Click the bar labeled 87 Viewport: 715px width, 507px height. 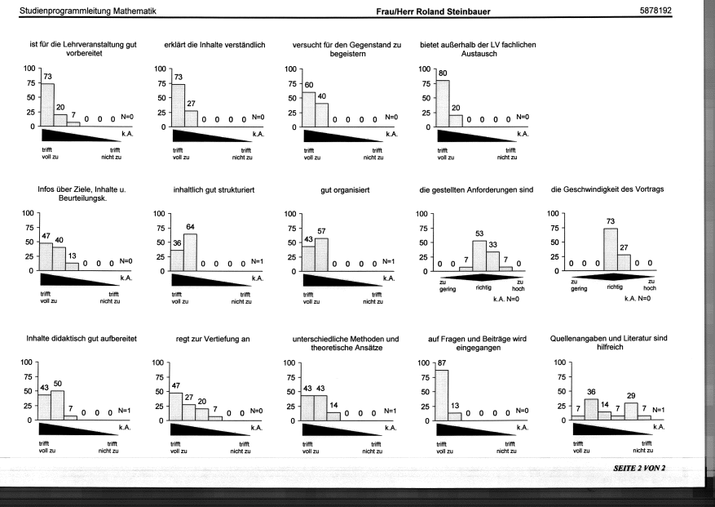442,395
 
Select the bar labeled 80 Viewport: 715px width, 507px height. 443,104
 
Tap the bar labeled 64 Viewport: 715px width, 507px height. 190,252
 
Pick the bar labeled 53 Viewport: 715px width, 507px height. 479,256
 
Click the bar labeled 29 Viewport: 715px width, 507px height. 631,411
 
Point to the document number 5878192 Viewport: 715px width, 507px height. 655,11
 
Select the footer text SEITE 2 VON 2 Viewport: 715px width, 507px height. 639,468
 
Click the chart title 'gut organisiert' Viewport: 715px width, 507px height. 345,190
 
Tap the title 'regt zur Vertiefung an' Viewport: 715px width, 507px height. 213,339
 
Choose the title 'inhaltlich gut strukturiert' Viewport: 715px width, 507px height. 214,189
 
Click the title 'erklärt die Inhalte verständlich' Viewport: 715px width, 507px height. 214,45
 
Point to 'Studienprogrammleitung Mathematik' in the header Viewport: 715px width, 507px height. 87,11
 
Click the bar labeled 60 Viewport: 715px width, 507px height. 309,109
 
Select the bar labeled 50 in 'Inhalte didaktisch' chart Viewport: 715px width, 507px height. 57,406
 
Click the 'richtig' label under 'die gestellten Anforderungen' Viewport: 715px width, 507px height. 483,287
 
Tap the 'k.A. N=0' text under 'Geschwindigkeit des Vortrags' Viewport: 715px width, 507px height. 638,299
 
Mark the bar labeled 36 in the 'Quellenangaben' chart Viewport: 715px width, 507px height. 591,410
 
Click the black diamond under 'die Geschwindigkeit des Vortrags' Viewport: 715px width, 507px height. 614,276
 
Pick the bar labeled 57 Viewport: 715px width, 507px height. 321,255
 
